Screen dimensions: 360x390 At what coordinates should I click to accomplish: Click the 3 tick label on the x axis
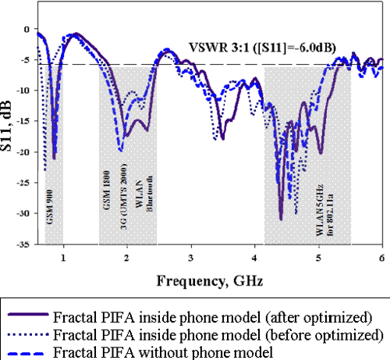(x=190, y=256)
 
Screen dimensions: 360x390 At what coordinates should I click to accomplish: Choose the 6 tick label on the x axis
(x=381, y=256)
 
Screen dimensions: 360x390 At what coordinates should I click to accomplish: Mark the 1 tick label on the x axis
(x=63, y=256)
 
